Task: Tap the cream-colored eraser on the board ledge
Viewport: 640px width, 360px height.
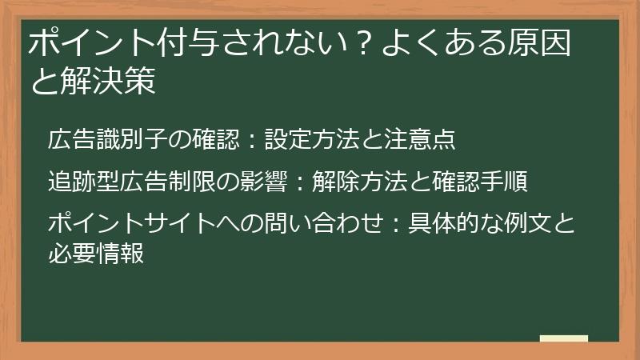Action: [x=563, y=338]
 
